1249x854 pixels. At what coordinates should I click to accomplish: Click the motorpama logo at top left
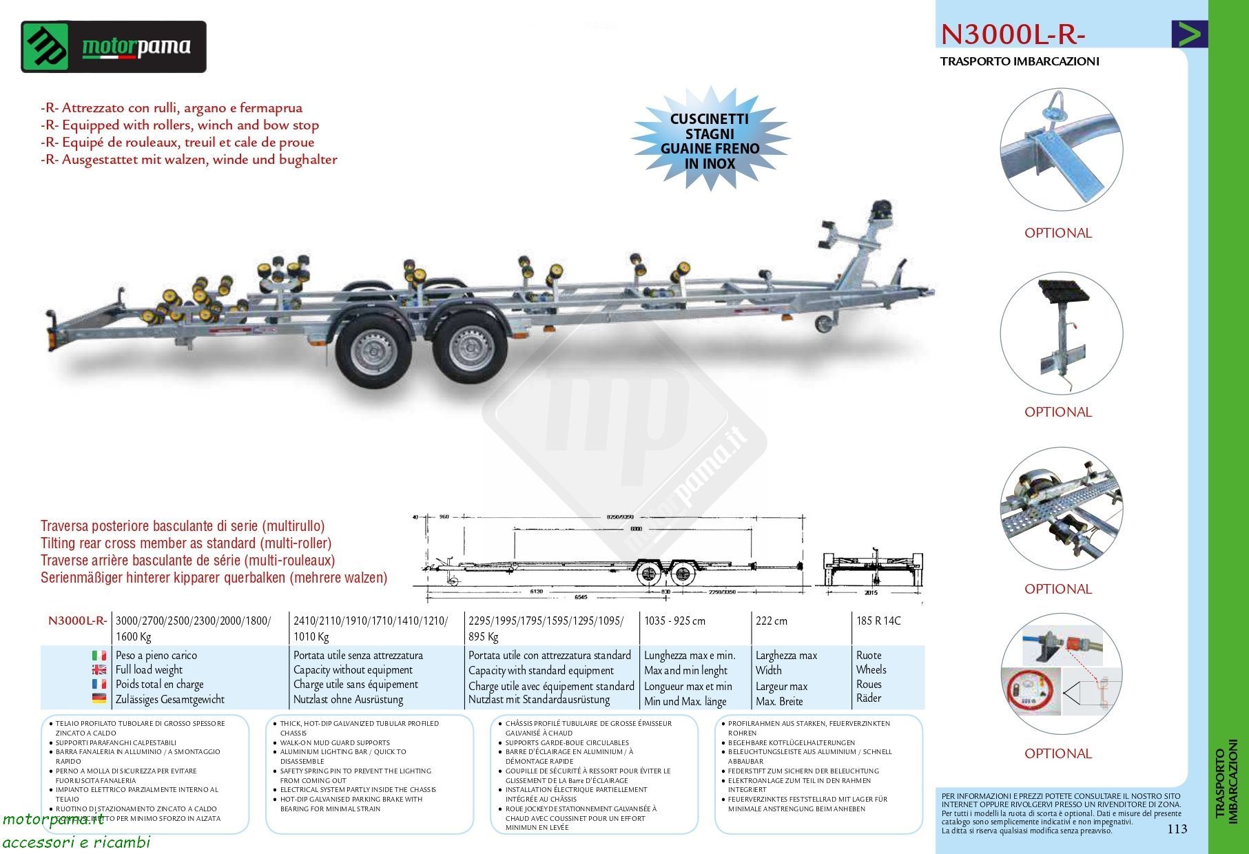(114, 47)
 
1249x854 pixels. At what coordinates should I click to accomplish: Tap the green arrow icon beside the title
(1189, 34)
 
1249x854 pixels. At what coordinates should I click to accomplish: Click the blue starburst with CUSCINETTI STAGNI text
(710, 141)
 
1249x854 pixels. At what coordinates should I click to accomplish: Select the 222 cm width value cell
(771, 621)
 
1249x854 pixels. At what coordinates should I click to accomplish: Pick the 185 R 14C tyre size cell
(878, 621)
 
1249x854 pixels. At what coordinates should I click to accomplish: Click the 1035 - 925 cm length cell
(674, 621)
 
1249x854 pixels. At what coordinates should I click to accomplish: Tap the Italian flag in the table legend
(99, 656)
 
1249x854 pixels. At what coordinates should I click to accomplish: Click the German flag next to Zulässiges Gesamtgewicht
(99, 698)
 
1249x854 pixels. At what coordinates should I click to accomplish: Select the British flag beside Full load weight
(99, 669)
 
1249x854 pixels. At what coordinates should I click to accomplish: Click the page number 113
(1177, 829)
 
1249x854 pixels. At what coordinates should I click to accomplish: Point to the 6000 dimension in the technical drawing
(635, 528)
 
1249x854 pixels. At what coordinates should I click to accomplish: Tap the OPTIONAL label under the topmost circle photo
(1057, 233)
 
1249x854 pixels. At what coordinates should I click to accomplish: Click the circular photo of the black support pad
(1061, 333)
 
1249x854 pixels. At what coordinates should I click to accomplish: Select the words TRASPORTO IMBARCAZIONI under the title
(1020, 61)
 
